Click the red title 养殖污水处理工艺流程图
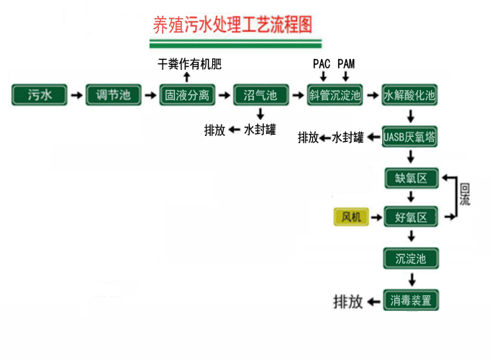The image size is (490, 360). pyautogui.click(x=233, y=25)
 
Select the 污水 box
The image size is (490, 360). pyautogui.click(x=39, y=95)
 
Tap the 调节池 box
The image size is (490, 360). pyautogui.click(x=113, y=95)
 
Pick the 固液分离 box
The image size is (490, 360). pyautogui.click(x=186, y=95)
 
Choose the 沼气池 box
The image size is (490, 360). pyautogui.click(x=260, y=95)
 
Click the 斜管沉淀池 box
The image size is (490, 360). pyautogui.click(x=335, y=95)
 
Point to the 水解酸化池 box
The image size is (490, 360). pyautogui.click(x=409, y=95)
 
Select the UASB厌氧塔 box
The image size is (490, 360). pyautogui.click(x=409, y=137)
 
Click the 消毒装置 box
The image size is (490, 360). pyautogui.click(x=411, y=300)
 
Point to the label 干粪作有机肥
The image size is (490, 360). pyautogui.click(x=189, y=64)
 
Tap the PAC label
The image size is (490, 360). pyautogui.click(x=321, y=63)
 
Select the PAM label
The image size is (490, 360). pyautogui.click(x=346, y=63)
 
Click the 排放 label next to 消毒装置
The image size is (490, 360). pyautogui.click(x=348, y=302)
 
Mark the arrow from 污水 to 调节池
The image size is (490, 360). pyautogui.click(x=76, y=95)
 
